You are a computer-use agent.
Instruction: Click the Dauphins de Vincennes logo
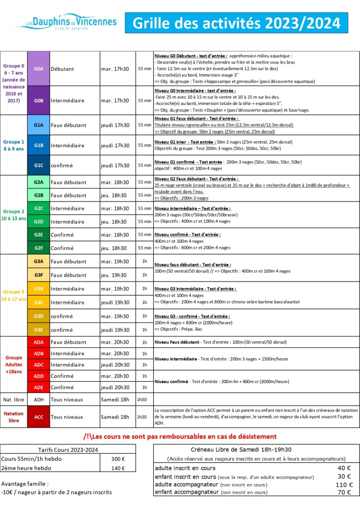point(66,23)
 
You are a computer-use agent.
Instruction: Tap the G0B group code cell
point(38,100)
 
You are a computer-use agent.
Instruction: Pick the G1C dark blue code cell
point(38,165)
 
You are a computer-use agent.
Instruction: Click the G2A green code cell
point(38,182)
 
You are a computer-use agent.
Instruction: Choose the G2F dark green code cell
point(38,247)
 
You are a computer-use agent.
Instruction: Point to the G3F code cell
point(38,274)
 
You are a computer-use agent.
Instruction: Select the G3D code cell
point(38,316)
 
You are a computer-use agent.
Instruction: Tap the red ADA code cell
point(38,342)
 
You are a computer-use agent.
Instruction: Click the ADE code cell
point(38,387)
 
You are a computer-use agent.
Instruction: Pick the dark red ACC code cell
point(38,416)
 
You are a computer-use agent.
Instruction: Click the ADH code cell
point(38,399)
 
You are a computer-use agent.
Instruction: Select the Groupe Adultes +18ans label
point(13,364)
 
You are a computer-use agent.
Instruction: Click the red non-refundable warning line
point(180,436)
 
